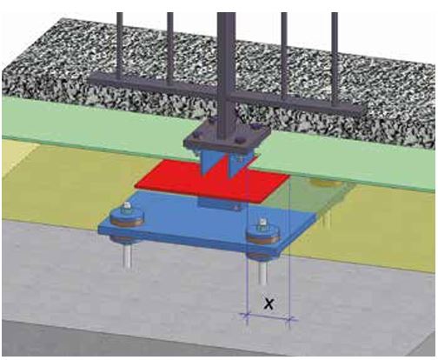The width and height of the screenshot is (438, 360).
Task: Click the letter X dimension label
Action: click(x=269, y=303)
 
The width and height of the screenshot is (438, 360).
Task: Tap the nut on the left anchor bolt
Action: click(x=126, y=208)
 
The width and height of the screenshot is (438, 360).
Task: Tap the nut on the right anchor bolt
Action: click(x=262, y=223)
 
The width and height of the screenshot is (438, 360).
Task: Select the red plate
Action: click(x=213, y=181)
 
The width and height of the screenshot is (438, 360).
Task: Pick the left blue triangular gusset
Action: click(x=209, y=161)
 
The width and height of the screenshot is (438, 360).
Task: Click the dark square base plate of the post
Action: click(x=227, y=137)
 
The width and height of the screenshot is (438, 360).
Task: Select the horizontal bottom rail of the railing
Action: click(x=225, y=93)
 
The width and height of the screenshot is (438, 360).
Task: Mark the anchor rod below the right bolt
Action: click(x=262, y=272)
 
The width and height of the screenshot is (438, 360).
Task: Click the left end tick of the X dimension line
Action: click(x=247, y=316)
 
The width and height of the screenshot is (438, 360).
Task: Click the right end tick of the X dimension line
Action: click(x=289, y=319)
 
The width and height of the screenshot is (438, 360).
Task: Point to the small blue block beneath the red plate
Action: click(x=219, y=203)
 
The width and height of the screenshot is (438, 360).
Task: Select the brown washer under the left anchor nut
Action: click(x=127, y=223)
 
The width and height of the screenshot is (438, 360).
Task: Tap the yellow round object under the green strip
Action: click(x=322, y=183)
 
